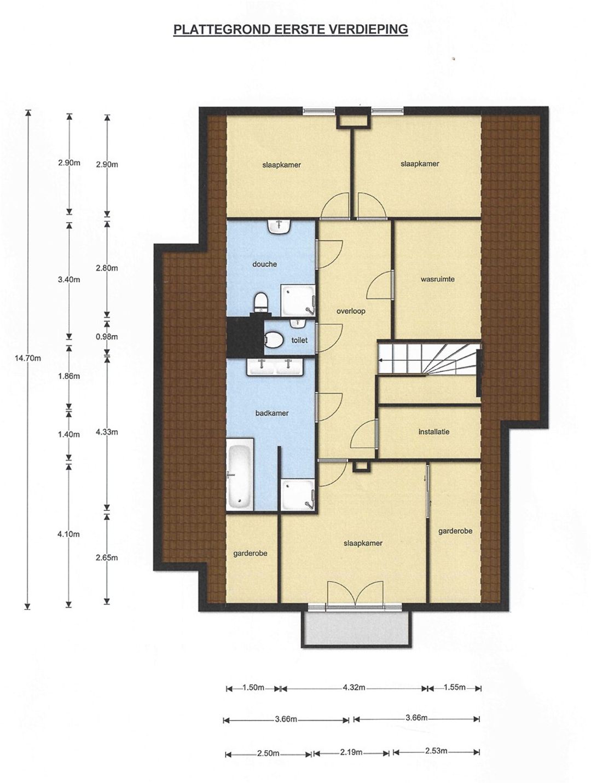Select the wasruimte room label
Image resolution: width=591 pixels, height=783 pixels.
tap(437, 279)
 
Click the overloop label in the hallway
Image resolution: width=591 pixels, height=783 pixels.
tap(351, 311)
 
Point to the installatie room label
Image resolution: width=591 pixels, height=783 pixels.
tap(433, 432)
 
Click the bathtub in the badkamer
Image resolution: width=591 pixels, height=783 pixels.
tap(240, 474)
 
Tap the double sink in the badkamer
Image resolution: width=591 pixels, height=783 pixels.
tap(275, 367)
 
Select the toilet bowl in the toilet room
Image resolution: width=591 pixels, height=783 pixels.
tap(274, 339)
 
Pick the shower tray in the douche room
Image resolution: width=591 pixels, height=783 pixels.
tap(298, 301)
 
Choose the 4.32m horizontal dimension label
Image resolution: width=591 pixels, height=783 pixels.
tap(354, 687)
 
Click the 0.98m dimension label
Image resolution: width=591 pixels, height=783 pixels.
tap(107, 337)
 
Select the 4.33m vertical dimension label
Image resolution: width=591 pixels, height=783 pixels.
tap(107, 433)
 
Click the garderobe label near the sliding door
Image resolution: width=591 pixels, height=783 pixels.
tap(455, 531)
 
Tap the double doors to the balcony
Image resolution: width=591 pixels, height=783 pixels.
tap(355, 595)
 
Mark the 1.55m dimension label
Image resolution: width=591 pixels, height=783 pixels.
tap(455, 687)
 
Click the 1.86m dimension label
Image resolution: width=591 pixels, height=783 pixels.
tap(69, 376)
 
